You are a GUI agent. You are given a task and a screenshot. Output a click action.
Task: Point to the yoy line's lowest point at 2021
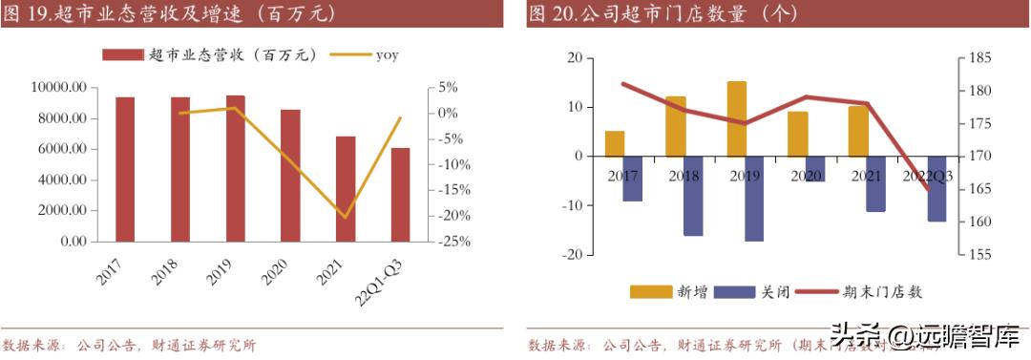coord(346,217)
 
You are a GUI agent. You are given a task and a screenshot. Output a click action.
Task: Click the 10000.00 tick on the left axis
coord(59,88)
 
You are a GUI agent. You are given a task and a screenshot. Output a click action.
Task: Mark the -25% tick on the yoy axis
coord(452,242)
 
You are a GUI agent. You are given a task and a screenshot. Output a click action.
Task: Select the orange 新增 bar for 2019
coord(736,118)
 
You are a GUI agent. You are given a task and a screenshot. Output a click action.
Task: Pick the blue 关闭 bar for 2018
coord(693,196)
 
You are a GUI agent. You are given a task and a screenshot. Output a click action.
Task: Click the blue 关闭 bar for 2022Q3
coord(936,188)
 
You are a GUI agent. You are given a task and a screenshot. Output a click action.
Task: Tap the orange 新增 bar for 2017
coord(614,143)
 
